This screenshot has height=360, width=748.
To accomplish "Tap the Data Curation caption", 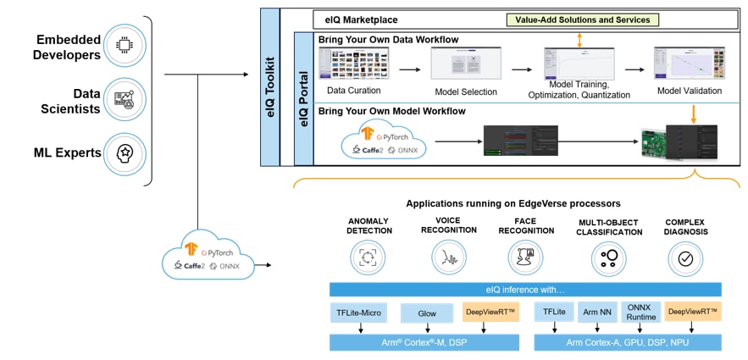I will (x=353, y=90).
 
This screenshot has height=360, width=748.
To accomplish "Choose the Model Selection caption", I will (x=466, y=91).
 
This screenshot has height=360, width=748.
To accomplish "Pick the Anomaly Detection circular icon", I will (x=368, y=258).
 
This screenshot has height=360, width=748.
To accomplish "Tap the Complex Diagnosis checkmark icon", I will (x=684, y=258).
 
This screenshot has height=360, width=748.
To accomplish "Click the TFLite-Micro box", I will (x=359, y=312).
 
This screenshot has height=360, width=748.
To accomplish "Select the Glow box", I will (x=428, y=312).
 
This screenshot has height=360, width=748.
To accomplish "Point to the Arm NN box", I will (x=597, y=312).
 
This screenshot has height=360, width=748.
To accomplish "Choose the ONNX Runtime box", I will (x=640, y=312).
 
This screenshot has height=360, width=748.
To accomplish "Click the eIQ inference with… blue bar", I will (x=525, y=289).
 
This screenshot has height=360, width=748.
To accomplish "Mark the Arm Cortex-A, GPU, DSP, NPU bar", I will (x=627, y=342).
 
